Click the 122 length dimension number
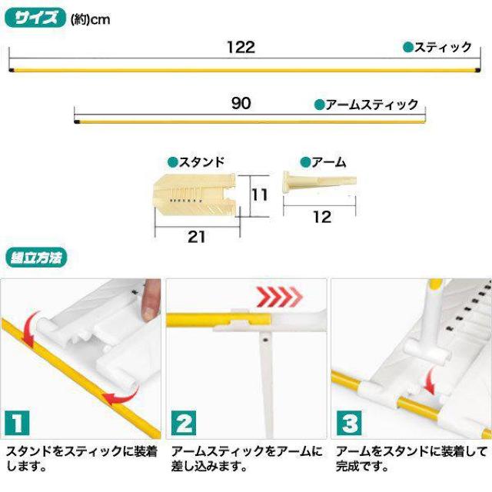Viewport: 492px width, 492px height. pyautogui.click(x=241, y=48)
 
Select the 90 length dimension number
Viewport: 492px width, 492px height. pyautogui.click(x=241, y=103)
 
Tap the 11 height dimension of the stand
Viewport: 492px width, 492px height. pyautogui.click(x=260, y=194)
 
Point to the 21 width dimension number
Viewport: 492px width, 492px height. pyautogui.click(x=196, y=237)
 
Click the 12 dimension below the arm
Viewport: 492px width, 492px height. pyautogui.click(x=322, y=217)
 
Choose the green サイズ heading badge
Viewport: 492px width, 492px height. pyautogui.click(x=35, y=18)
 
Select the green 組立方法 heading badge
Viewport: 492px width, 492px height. pyautogui.click(x=36, y=258)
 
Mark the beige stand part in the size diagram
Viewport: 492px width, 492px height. pyautogui.click(x=195, y=194)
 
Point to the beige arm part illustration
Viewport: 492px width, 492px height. pyautogui.click(x=320, y=183)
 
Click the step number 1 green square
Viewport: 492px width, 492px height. pyautogui.click(x=18, y=423)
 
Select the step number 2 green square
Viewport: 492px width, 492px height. pyautogui.click(x=184, y=423)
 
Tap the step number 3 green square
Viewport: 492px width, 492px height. pyautogui.click(x=349, y=423)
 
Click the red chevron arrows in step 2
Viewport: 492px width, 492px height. pyautogui.click(x=279, y=297)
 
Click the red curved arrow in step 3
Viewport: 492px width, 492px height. pyautogui.click(x=429, y=381)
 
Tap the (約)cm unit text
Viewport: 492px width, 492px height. pyautogui.click(x=91, y=20)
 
